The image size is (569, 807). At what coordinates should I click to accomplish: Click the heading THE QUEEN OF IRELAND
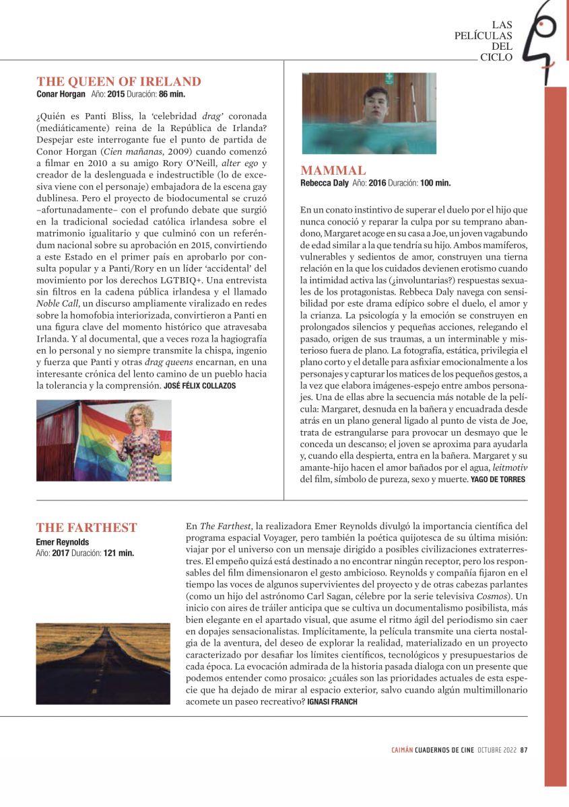[x=119, y=81]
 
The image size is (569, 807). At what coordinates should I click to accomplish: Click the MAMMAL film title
[x=333, y=170]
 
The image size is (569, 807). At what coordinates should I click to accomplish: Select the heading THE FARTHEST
[x=86, y=528]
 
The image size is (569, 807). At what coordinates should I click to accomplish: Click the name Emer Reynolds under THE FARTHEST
[x=62, y=542]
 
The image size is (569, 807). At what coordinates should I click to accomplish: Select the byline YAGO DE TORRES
[x=498, y=479]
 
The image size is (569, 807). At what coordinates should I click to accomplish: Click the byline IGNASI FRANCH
[x=333, y=701]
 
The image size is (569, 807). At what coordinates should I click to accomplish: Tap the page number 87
[x=523, y=751]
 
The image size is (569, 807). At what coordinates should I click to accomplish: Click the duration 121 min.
[x=119, y=553]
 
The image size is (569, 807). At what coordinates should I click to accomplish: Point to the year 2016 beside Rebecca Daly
[x=376, y=182]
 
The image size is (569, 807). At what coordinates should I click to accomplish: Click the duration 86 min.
[x=172, y=94]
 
